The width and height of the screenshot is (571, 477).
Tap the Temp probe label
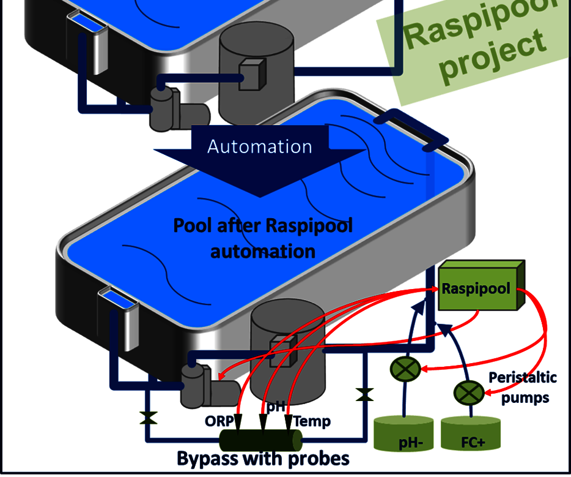[312, 421]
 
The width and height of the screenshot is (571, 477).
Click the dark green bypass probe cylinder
[261, 440]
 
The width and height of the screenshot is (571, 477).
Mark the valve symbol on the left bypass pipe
[147, 418]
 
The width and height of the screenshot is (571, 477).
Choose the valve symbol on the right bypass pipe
[364, 394]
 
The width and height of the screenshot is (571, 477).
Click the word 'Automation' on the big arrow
[259, 146]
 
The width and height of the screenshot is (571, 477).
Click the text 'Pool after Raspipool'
[263, 225]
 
